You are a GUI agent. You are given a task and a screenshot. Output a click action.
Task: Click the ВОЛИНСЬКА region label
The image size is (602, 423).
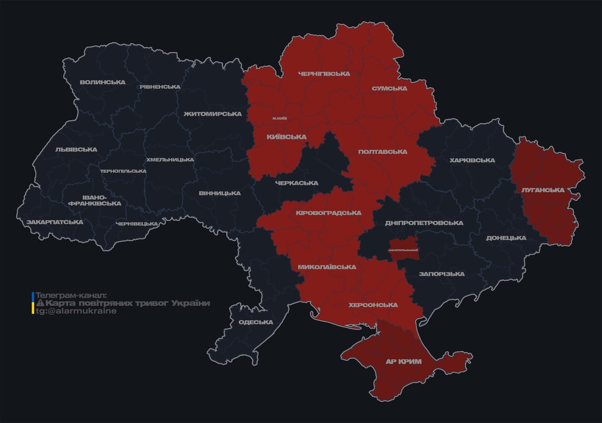[x=102, y=83]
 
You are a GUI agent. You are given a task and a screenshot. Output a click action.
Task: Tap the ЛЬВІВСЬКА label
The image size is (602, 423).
[x=76, y=149]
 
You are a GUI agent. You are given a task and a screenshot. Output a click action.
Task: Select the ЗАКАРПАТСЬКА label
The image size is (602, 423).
[x=54, y=222]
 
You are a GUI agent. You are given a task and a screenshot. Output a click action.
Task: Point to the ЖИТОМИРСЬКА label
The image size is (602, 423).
[x=212, y=114]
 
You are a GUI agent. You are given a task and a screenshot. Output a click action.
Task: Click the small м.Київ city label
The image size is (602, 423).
[x=280, y=118]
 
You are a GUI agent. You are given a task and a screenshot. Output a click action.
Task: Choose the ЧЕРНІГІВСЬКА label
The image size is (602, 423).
[x=324, y=74]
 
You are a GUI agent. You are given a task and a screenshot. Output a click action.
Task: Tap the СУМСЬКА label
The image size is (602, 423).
[x=389, y=88]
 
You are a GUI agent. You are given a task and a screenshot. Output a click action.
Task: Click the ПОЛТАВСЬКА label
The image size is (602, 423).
[x=382, y=151]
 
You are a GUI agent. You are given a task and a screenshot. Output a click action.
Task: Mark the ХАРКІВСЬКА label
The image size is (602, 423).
[x=472, y=160]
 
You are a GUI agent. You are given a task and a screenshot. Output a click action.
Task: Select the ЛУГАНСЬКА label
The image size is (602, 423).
[x=543, y=190]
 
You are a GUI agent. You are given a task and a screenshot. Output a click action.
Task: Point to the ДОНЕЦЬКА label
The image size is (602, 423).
[x=506, y=238]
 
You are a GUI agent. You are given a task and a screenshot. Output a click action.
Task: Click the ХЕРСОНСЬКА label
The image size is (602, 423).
[x=373, y=305]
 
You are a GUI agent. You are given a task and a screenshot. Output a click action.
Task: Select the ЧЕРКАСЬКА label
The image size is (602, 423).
[x=297, y=183]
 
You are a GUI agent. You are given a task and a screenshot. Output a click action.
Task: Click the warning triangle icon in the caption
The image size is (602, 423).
[x=40, y=303]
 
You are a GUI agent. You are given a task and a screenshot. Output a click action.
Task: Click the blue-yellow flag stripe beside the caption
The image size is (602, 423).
[x=33, y=303]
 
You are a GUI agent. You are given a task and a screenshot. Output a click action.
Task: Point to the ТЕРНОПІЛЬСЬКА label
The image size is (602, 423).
[x=123, y=171]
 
